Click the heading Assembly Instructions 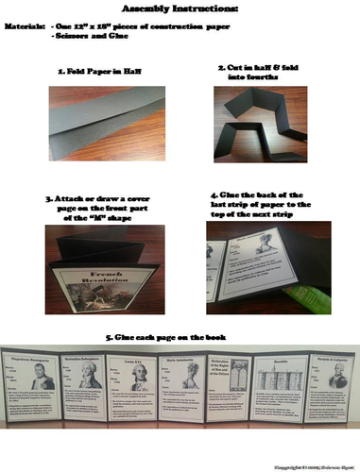click(x=180, y=8)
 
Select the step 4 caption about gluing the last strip click(x=266, y=203)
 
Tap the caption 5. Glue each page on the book click(x=180, y=337)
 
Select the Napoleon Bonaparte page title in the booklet click(x=31, y=360)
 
